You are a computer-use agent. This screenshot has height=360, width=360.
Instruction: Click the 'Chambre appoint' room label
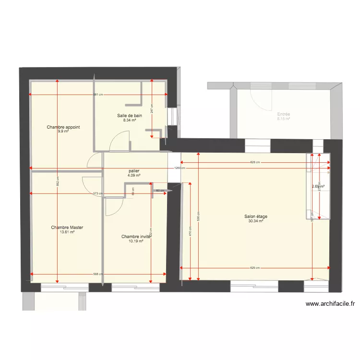click(x=63, y=127)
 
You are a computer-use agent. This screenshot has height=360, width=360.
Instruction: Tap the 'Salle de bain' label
click(x=130, y=116)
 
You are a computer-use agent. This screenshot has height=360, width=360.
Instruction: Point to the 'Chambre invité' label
click(x=136, y=237)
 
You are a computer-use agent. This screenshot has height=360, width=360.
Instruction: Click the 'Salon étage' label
click(x=255, y=216)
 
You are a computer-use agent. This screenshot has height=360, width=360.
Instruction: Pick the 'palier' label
click(x=134, y=171)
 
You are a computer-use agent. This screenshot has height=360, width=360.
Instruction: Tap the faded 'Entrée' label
click(x=283, y=114)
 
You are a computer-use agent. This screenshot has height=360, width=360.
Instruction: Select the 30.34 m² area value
click(x=255, y=221)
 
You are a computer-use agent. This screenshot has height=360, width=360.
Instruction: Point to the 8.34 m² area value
click(x=130, y=120)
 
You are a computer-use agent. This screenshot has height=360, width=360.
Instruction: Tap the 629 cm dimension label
click(x=255, y=268)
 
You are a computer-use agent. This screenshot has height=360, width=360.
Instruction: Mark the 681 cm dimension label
click(x=98, y=95)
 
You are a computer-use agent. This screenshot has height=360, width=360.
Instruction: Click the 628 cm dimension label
click(x=255, y=162)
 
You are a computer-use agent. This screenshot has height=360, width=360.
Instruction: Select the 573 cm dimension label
click(x=98, y=193)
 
